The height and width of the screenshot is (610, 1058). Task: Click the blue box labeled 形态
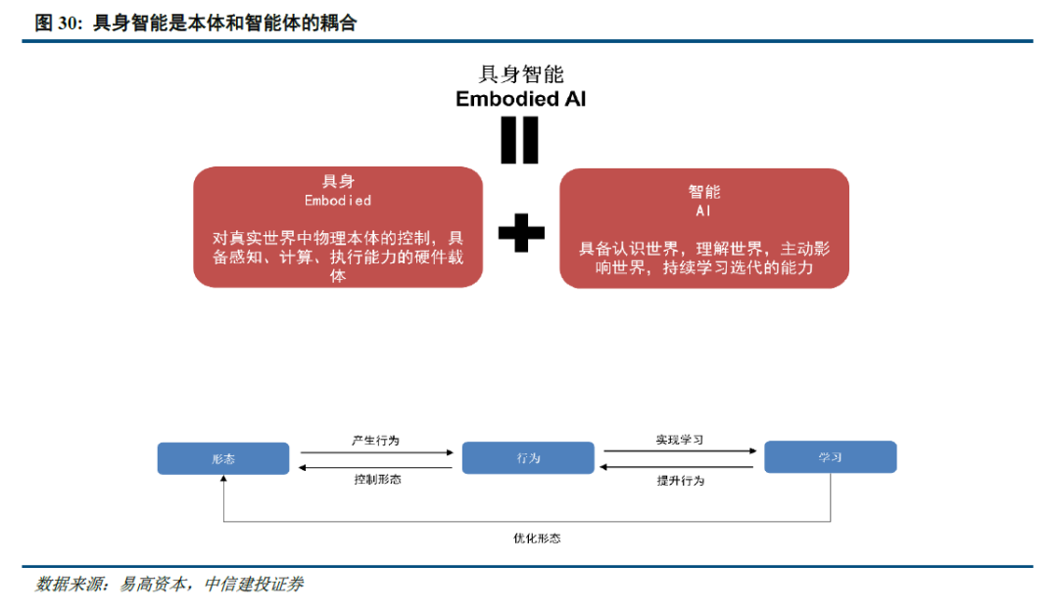coord(223,458)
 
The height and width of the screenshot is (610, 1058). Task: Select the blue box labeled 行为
coord(528,458)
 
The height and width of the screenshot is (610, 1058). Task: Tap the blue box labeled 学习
coord(830,457)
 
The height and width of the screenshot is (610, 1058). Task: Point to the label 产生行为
coord(376,441)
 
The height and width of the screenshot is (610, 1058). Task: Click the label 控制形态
coord(377,480)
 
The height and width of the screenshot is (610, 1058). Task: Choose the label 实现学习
coord(680,440)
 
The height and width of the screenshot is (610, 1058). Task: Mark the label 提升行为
coord(680,481)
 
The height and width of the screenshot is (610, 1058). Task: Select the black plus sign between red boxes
coord(521,232)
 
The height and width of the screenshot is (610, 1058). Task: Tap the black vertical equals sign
coord(520,140)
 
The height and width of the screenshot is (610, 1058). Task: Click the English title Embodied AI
coord(520,99)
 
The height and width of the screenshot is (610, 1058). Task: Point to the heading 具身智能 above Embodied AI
coord(520,74)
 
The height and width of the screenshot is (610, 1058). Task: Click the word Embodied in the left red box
coord(338,200)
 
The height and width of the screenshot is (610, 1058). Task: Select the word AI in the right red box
coord(703,211)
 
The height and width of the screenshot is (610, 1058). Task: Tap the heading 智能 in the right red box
coord(703,192)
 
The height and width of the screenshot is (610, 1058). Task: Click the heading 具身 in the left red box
coord(338,181)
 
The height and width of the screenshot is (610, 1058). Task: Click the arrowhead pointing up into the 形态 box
coord(223,480)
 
